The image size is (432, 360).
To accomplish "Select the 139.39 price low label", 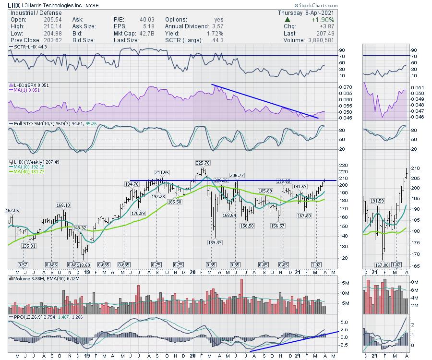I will coord(214,243).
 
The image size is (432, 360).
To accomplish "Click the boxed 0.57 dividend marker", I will coord(23,264).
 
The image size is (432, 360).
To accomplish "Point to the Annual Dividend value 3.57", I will coord(215,26).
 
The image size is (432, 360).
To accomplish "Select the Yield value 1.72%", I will coord(215,34).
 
